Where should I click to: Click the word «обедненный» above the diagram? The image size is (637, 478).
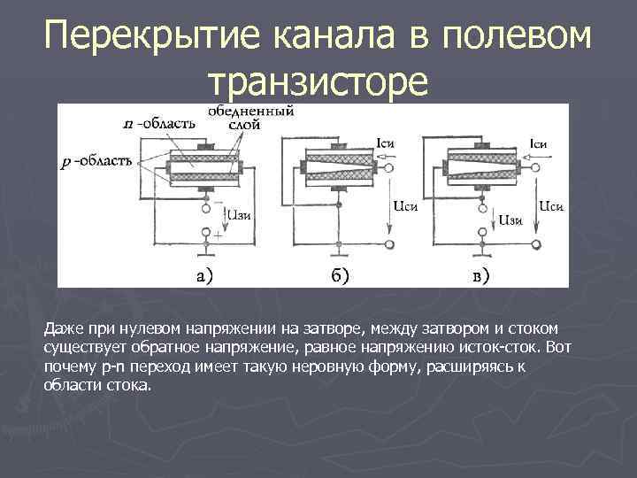click(x=251, y=112)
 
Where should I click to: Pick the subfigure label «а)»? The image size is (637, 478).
click(x=203, y=274)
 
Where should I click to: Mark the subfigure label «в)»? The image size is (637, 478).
click(x=480, y=274)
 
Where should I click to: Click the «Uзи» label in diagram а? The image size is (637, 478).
click(x=242, y=212)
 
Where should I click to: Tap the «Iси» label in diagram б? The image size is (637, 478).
click(x=385, y=143)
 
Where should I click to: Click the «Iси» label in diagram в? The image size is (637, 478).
click(x=537, y=143)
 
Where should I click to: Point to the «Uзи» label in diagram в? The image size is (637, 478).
click(x=511, y=219)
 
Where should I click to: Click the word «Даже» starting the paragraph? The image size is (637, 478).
click(x=61, y=329)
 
